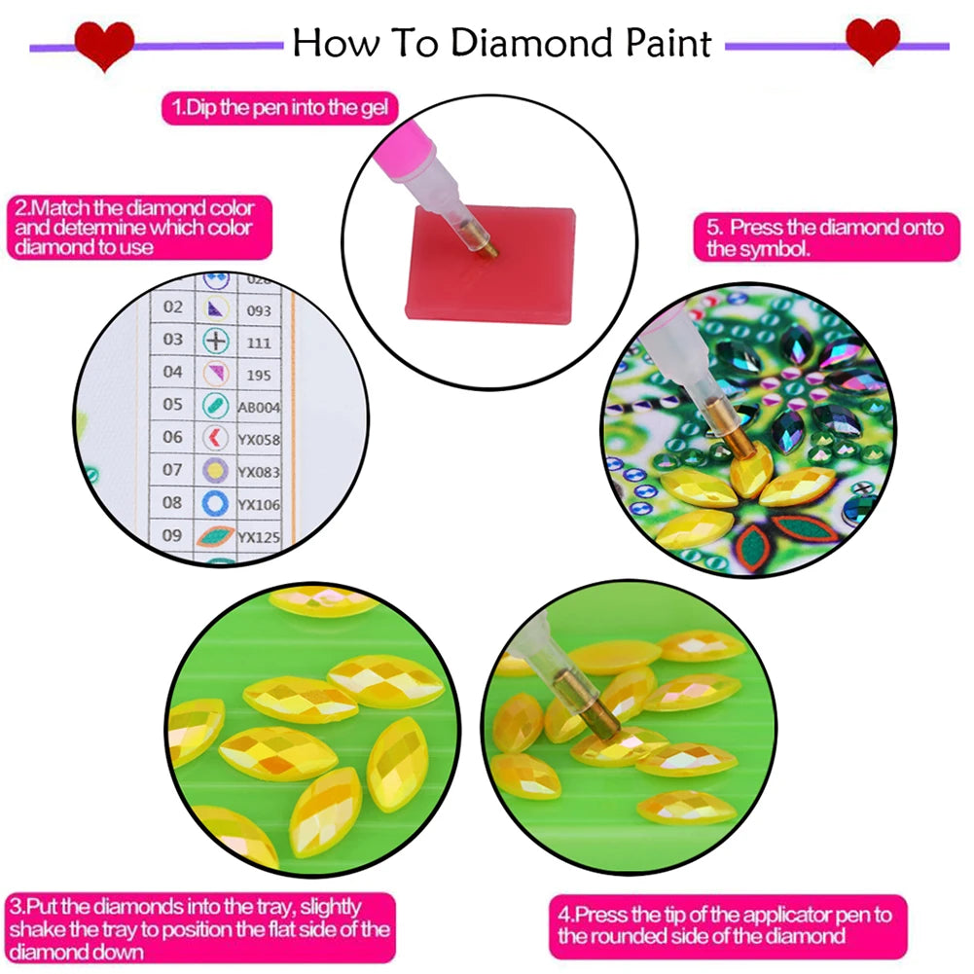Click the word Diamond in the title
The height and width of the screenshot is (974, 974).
[515, 43]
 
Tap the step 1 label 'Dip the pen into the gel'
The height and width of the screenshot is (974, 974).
[280, 107]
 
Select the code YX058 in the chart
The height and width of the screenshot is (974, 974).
[258, 440]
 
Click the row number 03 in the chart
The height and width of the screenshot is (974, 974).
[173, 340]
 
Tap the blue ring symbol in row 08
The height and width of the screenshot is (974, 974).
[216, 503]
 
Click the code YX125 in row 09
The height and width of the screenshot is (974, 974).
[259, 536]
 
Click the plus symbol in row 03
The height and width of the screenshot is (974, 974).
[215, 341]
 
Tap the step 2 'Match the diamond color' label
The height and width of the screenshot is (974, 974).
[134, 228]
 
